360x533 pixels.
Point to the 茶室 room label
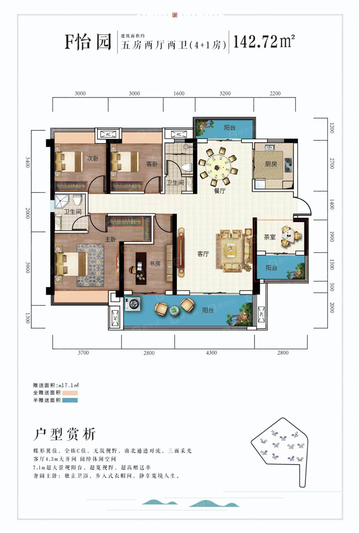click(x=270, y=237)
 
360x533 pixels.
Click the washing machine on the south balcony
click(x=134, y=305)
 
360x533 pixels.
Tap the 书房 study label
click(x=155, y=264)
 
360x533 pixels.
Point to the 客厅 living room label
click(x=203, y=254)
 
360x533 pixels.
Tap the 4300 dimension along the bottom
click(x=211, y=352)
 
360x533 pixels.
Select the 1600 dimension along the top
click(x=179, y=94)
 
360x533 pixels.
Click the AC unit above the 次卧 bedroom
click(x=108, y=134)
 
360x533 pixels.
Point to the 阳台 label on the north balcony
click(x=230, y=128)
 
